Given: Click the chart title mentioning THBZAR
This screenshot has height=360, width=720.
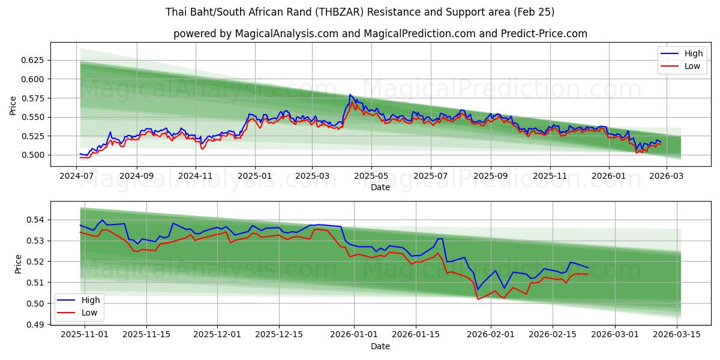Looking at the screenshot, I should pyautogui.click(x=359, y=12).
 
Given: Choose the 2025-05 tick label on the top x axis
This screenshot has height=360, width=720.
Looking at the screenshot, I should pyautogui.click(x=371, y=176).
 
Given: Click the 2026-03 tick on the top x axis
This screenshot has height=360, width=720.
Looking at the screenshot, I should pyautogui.click(x=666, y=176).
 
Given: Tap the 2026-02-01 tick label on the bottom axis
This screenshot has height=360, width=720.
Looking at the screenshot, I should pyautogui.click(x=491, y=335).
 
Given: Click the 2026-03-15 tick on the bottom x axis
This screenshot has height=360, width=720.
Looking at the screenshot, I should pyautogui.click(x=677, y=335).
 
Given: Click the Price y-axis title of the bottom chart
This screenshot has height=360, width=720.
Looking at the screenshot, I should pyautogui.click(x=18, y=264).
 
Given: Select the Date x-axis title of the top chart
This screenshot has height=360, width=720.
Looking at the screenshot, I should pyautogui.click(x=380, y=187).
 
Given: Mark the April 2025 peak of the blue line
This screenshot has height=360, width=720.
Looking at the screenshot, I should pyautogui.click(x=350, y=95).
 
